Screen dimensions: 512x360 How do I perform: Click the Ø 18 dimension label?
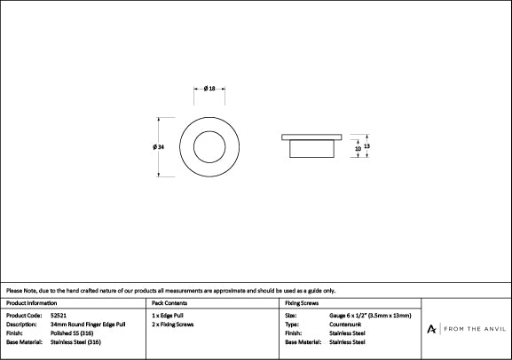209,89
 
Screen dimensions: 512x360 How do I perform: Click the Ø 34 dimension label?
158,147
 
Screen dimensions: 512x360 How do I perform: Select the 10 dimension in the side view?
358,148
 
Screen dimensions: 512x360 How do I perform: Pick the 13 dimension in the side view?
366,146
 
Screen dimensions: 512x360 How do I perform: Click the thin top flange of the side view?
311,137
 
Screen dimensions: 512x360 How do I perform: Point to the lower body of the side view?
311,149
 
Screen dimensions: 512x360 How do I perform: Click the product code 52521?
59,316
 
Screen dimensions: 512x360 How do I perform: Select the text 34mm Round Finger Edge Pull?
88,325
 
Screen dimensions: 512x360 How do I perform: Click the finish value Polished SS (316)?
72,333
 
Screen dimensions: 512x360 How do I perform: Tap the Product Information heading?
31,303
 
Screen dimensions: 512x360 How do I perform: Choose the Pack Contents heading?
169,303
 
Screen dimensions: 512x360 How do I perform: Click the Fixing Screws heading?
302,303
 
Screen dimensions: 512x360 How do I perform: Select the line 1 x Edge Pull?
167,316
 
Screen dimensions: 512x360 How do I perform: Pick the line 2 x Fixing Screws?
172,325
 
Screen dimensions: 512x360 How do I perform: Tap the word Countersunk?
345,325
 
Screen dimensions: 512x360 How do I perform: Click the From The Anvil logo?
466,329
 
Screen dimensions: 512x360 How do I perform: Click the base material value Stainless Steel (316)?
75,342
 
